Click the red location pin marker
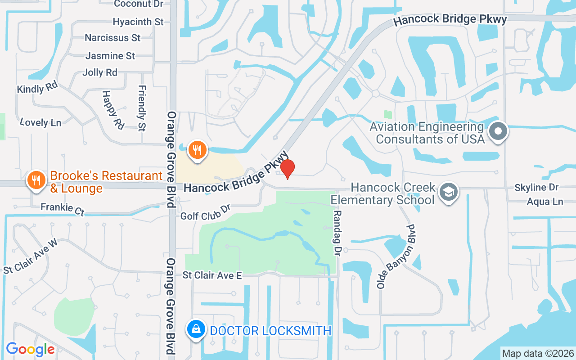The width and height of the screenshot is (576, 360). coord(287,168)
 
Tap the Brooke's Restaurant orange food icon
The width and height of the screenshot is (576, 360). coord(36,180)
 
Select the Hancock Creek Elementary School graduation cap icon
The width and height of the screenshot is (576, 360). coord(449,192)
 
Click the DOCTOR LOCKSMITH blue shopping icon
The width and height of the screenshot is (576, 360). coord(196,330)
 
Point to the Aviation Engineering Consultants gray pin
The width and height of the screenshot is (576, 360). coord(498,132)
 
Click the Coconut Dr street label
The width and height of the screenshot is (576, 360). coord(138,4)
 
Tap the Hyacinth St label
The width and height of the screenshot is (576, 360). coord(138,22)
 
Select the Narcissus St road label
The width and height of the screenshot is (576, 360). coord(112,38)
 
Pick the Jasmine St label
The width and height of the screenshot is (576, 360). coord(110,56)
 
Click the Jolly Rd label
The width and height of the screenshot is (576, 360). coord(100,72)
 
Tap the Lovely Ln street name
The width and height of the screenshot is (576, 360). coord(40,122)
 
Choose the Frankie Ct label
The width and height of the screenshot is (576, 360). coord(63,209)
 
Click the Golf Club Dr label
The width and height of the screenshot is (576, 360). coord(205,213)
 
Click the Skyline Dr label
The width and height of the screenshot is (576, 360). coord(536,187)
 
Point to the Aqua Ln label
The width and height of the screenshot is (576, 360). coord(544,202)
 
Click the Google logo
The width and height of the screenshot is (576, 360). coord(30,349)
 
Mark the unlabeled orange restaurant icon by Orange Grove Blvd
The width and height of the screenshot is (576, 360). coord(197,150)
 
